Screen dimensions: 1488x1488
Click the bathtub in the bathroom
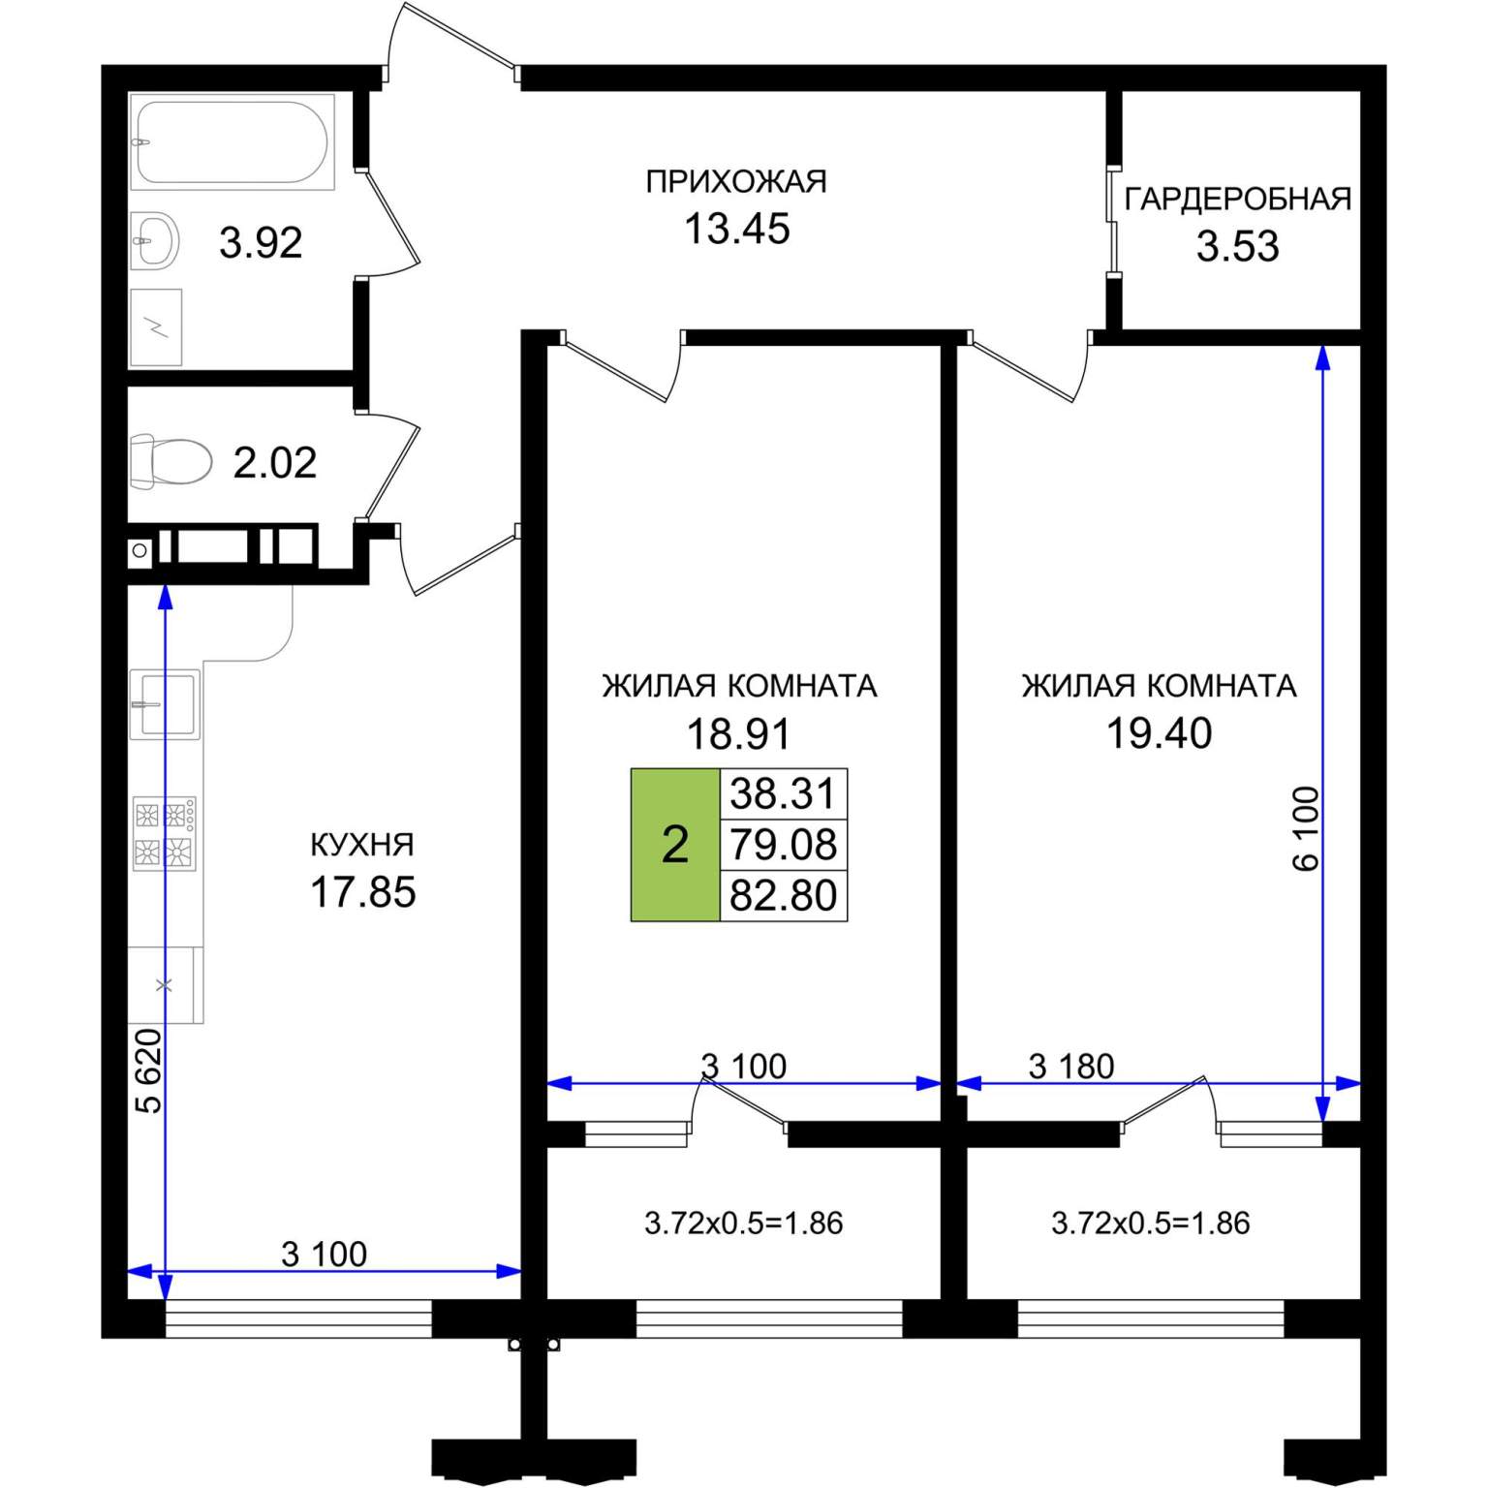pos(232,141)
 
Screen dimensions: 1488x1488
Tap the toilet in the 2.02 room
pos(171,460)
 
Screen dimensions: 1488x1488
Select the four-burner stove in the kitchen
pos(165,833)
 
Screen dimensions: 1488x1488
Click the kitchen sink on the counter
pos(166,703)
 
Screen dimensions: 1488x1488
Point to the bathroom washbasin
pos(155,239)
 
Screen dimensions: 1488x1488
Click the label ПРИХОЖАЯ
pos(736,182)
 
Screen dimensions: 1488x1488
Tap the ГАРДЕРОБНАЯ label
pos(1237,199)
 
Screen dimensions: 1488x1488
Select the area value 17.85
pos(362,892)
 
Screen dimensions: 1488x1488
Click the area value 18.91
pos(738,734)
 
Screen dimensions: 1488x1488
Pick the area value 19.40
pos(1159,733)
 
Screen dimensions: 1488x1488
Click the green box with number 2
pos(675,844)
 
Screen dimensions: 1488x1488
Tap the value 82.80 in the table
pos(783,895)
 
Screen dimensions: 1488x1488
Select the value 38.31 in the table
pos(783,793)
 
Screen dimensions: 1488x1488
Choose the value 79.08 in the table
pos(783,845)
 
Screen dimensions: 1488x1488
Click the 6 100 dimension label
pos(1306,829)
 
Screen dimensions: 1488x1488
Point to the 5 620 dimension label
pos(148,1070)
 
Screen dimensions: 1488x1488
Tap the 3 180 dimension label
pos(1071,1067)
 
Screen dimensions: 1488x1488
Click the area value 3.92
pos(261,242)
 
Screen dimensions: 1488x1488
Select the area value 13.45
pos(737,229)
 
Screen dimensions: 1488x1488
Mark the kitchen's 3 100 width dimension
pos(324,1255)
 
